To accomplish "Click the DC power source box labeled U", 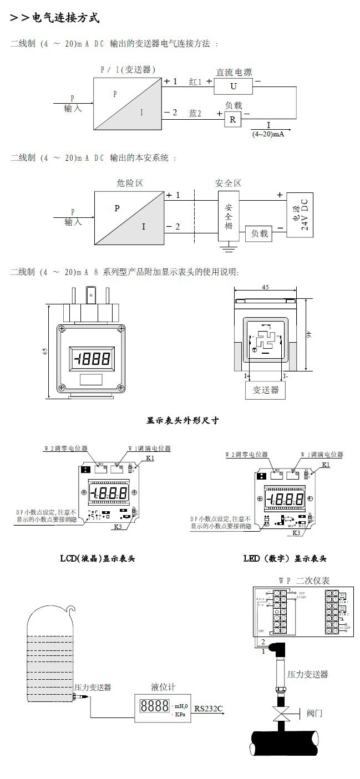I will [x=233, y=86].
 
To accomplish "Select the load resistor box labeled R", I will [x=232, y=119].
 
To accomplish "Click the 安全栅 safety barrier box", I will [x=229, y=216].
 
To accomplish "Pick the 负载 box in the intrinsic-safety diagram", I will [x=259, y=233].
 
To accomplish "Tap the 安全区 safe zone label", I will [x=228, y=182].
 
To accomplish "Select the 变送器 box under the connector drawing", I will [x=266, y=390].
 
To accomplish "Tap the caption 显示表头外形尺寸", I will [x=182, y=420].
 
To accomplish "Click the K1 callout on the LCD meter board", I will [x=150, y=459].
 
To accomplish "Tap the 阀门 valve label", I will [x=314, y=713].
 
